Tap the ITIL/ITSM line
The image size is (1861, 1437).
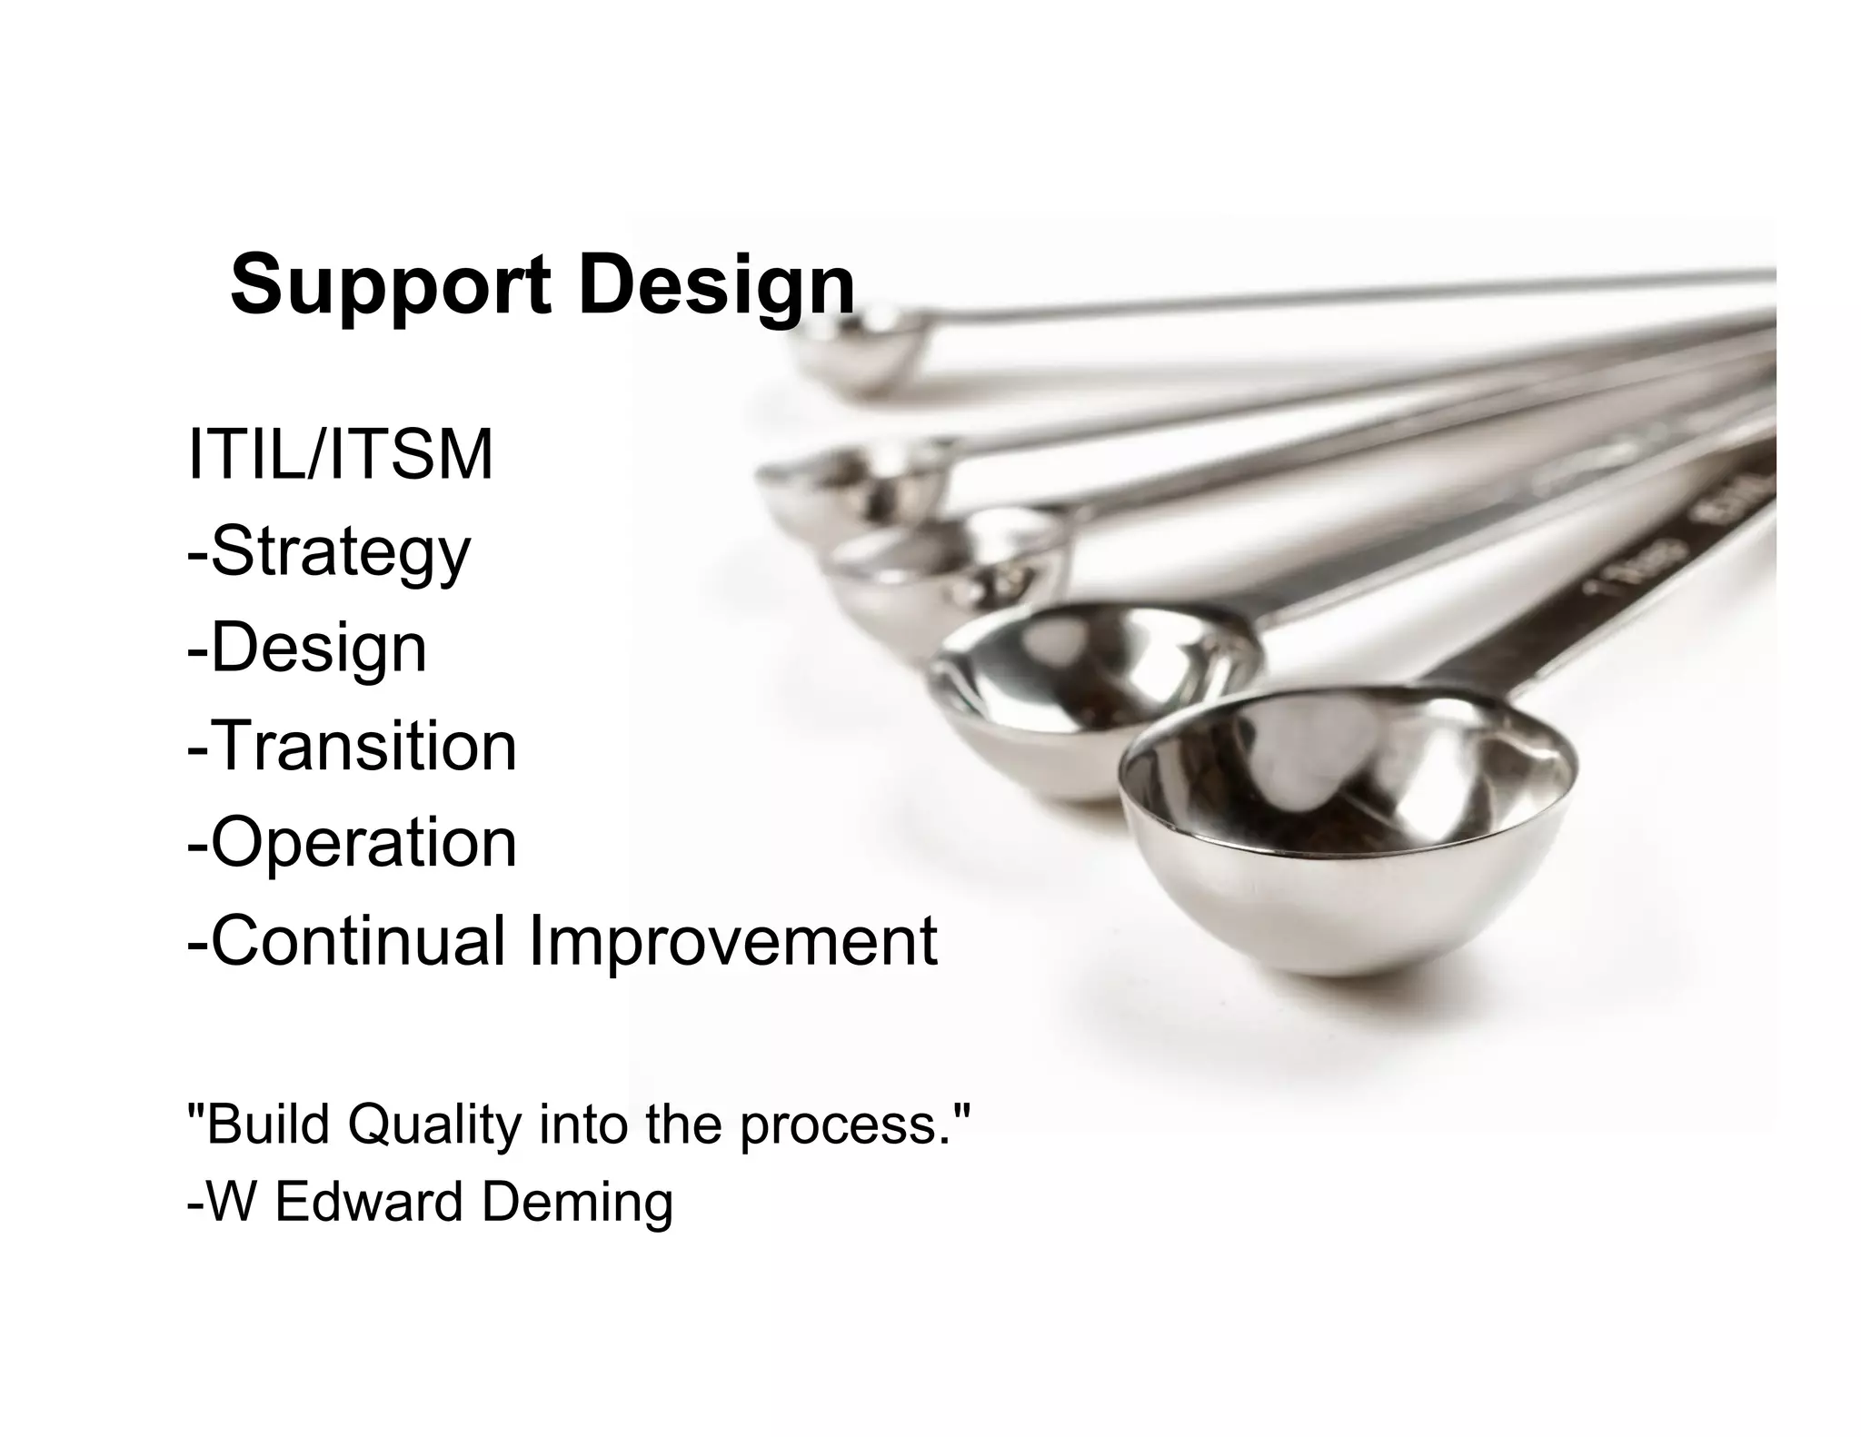coord(340,455)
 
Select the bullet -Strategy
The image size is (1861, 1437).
coord(329,552)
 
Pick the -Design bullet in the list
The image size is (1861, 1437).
coord(306,649)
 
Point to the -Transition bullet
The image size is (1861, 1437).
coord(352,746)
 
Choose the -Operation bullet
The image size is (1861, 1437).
coord(352,842)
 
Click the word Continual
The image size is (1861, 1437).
coord(346,940)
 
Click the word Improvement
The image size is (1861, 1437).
coord(732,940)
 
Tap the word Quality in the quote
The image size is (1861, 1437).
coord(434,1125)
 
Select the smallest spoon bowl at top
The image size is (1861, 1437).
coord(854,350)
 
